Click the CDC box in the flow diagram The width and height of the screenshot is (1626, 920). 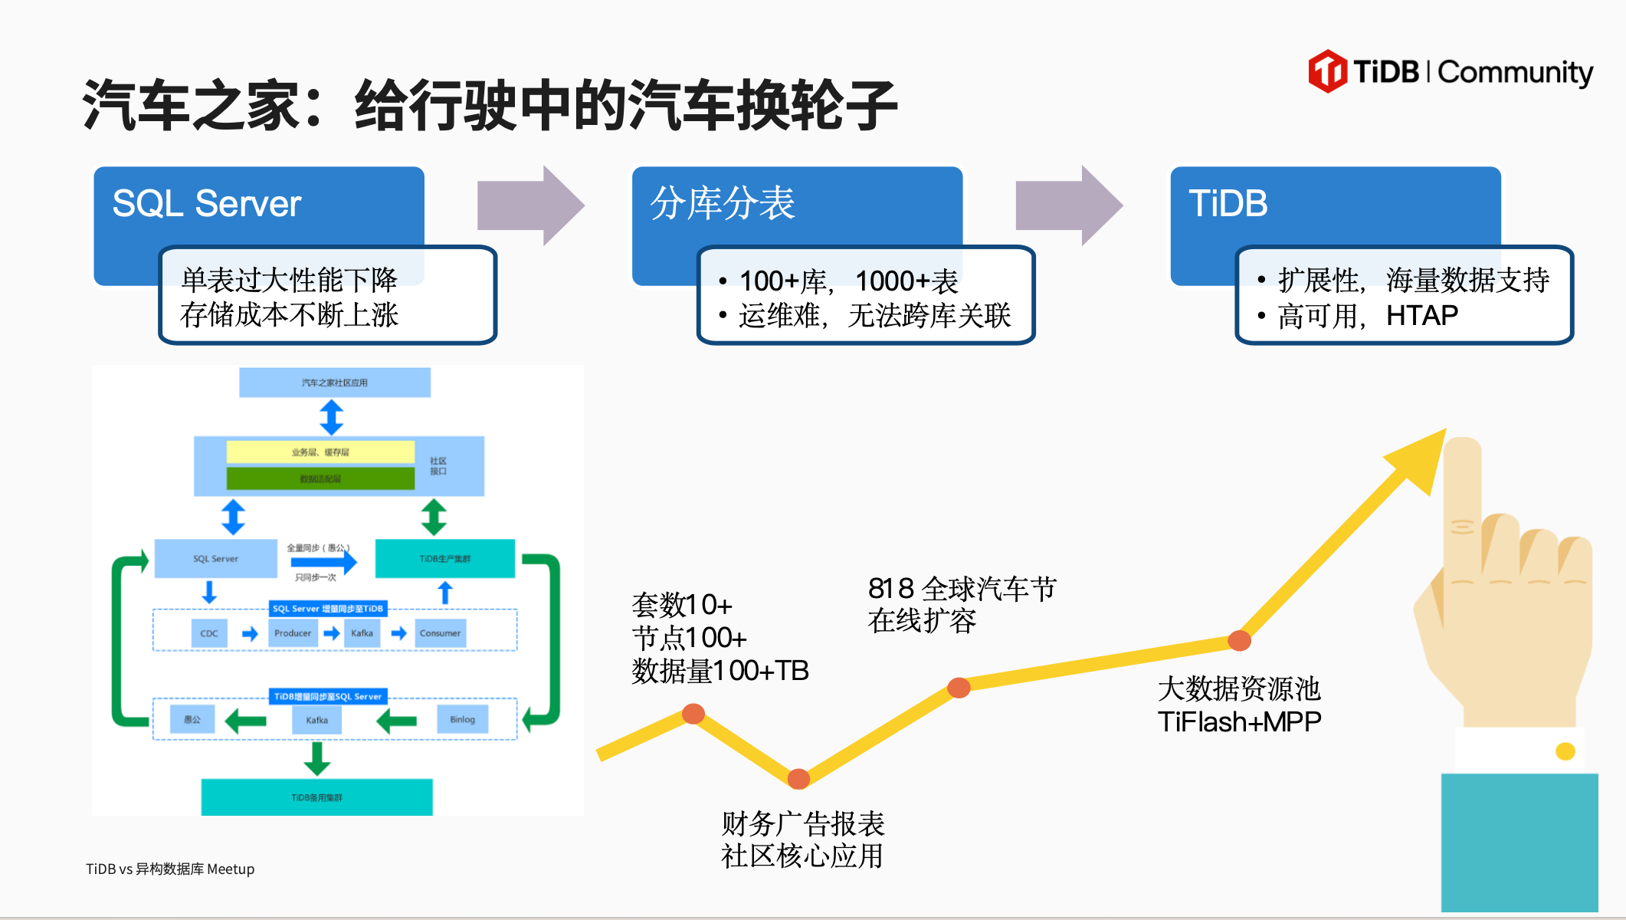pos(208,633)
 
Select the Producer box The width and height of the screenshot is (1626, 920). pos(293,633)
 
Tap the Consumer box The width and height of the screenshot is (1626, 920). pos(440,633)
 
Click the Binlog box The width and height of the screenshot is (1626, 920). pos(462,719)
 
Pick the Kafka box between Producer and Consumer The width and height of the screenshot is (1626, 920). pos(362,633)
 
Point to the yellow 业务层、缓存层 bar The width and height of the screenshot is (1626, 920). pos(320,452)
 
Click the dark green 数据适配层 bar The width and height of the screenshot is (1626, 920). pos(320,478)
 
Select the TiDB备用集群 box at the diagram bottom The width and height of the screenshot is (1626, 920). pos(316,797)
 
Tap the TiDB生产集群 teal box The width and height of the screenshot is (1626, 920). pos(444,558)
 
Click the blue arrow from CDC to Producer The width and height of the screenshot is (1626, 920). pos(250,633)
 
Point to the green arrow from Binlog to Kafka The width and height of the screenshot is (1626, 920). pos(397,721)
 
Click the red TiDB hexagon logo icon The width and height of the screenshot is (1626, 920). pos(1327,71)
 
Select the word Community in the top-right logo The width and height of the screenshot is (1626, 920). pos(1515,73)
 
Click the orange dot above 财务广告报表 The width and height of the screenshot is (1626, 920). pos(798,779)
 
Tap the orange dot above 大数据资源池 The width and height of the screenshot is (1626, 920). pos(1239,640)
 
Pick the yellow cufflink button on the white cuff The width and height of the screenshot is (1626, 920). pos(1565,751)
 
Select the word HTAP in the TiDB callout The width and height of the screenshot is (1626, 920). pos(1421,315)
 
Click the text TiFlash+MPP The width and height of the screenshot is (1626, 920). pos(1239,721)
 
